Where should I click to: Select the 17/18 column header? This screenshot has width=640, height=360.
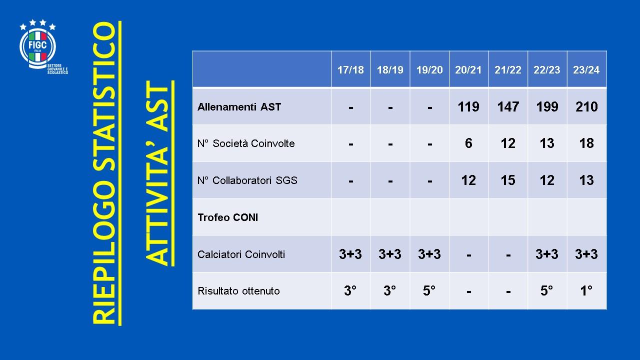pos(350,70)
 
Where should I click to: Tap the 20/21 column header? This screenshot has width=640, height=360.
pos(468,70)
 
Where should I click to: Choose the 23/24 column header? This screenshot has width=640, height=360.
pos(586,70)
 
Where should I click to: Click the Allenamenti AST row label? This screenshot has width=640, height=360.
pos(239,107)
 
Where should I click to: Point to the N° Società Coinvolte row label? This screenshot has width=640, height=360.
pos(246,143)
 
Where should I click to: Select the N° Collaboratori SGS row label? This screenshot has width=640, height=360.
pos(247,180)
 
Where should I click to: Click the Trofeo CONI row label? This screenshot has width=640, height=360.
pos(227,217)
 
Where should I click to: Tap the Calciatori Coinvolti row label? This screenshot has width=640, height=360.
pos(241,254)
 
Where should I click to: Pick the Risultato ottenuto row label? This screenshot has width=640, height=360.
pos(238,291)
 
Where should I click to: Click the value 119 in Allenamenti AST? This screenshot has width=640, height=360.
pos(468,107)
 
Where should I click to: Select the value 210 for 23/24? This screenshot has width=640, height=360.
pos(586,107)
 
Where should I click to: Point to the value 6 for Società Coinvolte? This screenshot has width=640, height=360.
pos(468,143)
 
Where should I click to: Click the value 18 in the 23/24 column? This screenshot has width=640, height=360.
pos(586,143)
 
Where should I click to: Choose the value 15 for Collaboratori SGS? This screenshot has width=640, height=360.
pos(508,180)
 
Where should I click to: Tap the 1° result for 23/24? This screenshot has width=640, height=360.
pos(586,290)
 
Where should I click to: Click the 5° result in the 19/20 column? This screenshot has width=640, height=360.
pos(429,290)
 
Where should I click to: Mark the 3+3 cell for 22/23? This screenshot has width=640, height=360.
pos(547,254)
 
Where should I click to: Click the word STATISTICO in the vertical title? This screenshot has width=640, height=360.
pos(104,100)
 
